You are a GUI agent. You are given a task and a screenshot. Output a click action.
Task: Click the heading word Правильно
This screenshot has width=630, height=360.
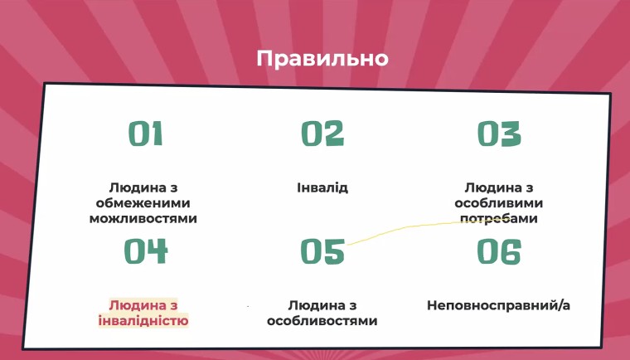[322, 59]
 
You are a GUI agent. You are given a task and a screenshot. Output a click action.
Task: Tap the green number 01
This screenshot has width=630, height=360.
[145, 134]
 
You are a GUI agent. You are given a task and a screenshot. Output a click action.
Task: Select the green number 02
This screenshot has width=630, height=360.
[322, 134]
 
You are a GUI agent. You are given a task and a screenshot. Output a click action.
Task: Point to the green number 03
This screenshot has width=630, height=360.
[499, 134]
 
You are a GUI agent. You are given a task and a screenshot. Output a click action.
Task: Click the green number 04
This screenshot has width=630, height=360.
[146, 251]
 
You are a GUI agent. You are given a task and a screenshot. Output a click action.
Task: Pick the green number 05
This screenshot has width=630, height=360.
[322, 251]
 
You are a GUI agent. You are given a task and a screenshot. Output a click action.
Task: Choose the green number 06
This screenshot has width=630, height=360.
[499, 251]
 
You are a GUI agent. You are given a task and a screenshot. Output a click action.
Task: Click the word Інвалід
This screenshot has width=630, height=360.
[322, 187]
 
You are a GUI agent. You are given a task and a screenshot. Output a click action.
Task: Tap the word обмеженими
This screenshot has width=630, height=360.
[143, 203]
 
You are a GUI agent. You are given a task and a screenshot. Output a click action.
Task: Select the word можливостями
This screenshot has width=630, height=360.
[143, 219]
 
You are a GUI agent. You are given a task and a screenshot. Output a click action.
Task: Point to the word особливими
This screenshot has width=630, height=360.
[499, 203]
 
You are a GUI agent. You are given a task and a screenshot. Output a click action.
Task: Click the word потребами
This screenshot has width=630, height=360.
[499, 219]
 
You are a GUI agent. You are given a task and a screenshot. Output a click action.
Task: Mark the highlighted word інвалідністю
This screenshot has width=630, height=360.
[143, 321]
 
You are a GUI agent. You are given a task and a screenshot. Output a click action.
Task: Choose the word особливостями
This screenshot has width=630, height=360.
[322, 321]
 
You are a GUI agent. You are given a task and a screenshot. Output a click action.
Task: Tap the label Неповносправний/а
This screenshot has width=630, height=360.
[498, 306]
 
